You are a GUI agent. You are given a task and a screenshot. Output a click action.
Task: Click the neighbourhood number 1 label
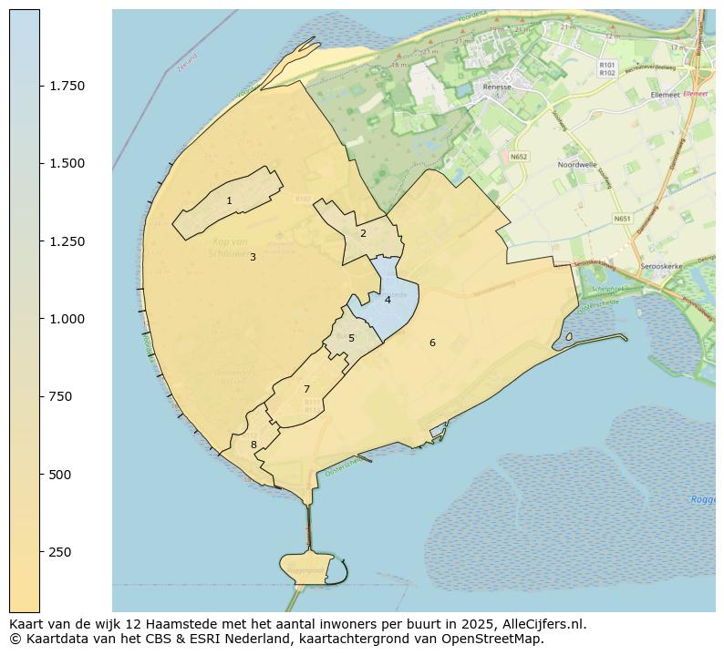[229, 200]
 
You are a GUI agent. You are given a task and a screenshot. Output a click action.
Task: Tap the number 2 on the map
[363, 233]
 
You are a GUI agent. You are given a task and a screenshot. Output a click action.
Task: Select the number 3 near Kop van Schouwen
[253, 257]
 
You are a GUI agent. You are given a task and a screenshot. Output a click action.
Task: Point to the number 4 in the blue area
[388, 300]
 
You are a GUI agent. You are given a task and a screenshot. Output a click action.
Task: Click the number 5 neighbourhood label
[351, 338]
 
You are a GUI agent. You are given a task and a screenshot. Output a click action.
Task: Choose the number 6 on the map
[432, 343]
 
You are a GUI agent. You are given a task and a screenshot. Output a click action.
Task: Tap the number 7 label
[306, 390]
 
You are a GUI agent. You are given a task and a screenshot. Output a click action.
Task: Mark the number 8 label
[253, 445]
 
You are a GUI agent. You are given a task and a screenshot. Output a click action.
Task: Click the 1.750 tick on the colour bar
[67, 86]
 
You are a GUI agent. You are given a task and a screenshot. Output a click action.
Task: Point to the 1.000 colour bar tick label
[67, 319]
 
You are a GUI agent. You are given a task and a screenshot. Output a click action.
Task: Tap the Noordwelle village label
[576, 165]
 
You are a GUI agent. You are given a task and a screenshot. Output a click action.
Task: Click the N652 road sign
[519, 157]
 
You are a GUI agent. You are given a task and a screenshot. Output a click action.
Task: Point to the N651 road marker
[622, 219]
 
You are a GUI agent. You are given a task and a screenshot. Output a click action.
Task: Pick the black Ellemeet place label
[665, 95]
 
